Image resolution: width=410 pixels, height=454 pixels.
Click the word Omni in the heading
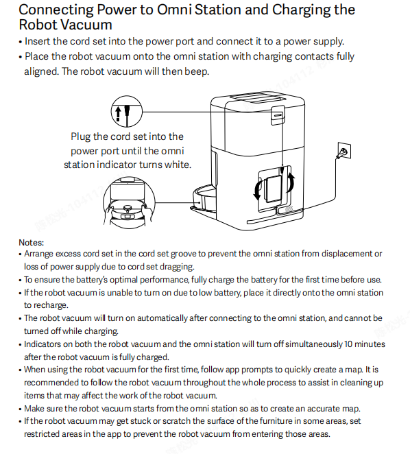click(174, 10)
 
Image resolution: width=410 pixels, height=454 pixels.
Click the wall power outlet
click(344, 151)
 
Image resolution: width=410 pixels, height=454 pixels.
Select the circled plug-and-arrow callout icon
click(127, 112)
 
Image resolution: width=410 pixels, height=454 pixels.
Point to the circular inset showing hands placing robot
click(129, 202)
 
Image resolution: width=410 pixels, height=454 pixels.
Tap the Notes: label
click(32, 242)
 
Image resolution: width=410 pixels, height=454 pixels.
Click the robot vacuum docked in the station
click(204, 199)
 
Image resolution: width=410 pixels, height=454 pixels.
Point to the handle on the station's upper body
click(278, 115)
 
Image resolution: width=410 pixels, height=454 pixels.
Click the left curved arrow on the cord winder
click(258, 190)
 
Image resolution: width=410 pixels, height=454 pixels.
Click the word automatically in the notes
click(162, 318)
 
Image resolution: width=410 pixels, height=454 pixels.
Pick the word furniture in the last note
click(276, 421)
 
